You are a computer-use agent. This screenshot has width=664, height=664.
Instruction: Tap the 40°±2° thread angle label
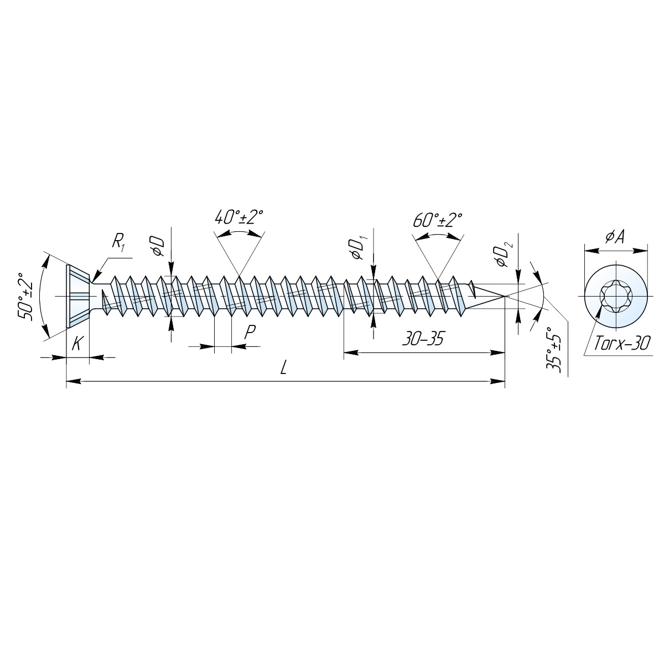tap(239, 217)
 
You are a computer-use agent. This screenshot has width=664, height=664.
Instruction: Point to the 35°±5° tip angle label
tap(554, 350)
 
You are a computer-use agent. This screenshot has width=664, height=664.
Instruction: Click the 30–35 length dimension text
tap(423, 339)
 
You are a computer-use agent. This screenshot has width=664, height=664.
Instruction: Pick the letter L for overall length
tap(284, 369)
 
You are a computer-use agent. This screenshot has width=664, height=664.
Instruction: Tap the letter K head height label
tap(77, 343)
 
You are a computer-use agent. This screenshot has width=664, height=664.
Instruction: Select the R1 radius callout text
tap(118, 242)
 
